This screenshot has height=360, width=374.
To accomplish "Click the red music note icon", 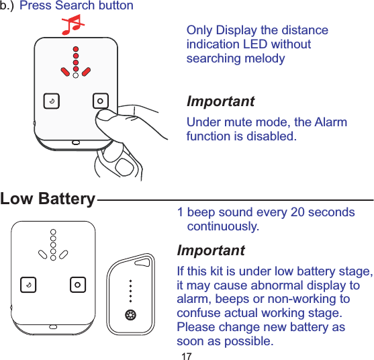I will point(72,26).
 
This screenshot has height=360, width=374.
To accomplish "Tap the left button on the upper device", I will point(50,101).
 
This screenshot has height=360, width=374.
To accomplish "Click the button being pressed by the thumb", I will point(100,101).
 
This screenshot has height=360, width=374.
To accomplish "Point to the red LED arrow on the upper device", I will point(77,62).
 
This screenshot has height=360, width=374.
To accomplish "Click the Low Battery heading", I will point(48,199).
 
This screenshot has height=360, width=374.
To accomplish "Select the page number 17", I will point(187,355).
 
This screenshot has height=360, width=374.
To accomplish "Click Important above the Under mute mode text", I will point(220,102).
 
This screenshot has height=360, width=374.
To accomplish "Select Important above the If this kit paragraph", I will point(210,251).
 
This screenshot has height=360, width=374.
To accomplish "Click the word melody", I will point(263,58).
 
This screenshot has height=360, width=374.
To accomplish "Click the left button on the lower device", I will point(28,284).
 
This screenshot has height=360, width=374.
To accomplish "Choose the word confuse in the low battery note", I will point(197,314).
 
